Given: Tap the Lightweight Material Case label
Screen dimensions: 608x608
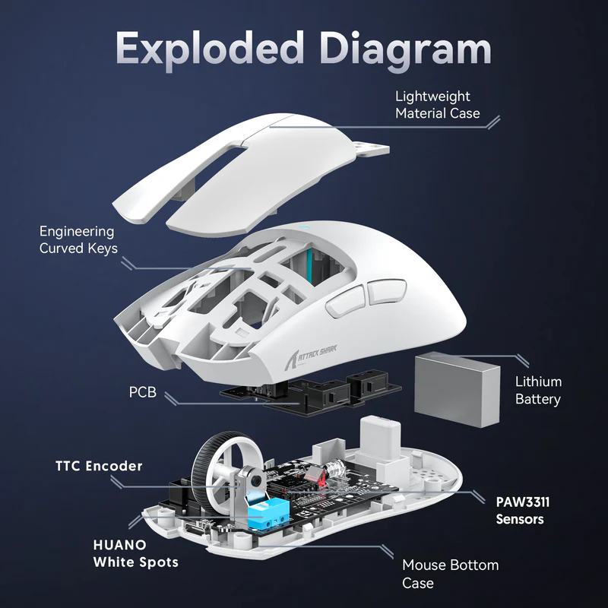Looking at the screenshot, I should click(437, 105).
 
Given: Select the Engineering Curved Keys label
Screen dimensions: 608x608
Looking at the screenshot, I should click(78, 239).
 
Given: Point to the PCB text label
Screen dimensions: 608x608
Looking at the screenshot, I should click(142, 394).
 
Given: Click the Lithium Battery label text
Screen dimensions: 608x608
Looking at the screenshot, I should click(538, 390).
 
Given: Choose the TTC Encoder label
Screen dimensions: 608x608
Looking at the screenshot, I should click(99, 465).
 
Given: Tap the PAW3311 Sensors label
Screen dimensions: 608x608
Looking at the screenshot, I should click(521, 511).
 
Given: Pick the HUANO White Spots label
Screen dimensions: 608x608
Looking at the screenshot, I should click(135, 553).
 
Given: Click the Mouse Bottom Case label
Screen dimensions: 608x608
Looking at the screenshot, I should click(450, 574).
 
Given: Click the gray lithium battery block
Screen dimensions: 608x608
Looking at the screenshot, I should click(456, 385).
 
